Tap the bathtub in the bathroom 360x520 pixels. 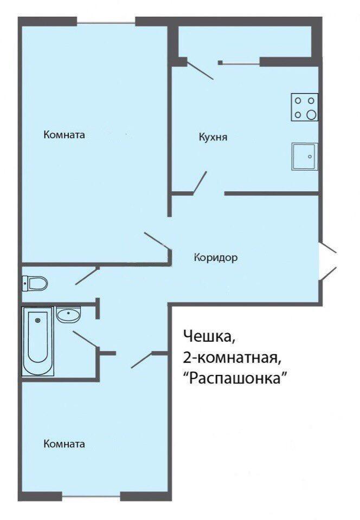click(37, 341)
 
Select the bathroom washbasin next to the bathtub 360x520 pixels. click(68, 314)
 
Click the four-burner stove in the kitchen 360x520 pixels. click(305, 107)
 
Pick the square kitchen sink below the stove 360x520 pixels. click(305, 157)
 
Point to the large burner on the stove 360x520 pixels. click(311, 115)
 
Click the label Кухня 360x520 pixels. click(213, 137)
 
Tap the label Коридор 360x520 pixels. click(216, 257)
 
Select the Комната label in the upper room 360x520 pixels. click(65, 135)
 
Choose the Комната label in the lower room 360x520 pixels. click(65, 444)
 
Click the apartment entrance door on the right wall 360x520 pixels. click(328, 261)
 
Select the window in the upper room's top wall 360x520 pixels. click(106, 23)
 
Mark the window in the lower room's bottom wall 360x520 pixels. click(91, 496)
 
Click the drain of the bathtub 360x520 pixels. click(37, 320)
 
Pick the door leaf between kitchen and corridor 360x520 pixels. click(200, 182)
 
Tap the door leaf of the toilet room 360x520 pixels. click(87, 276)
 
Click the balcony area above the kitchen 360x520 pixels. click(245, 42)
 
